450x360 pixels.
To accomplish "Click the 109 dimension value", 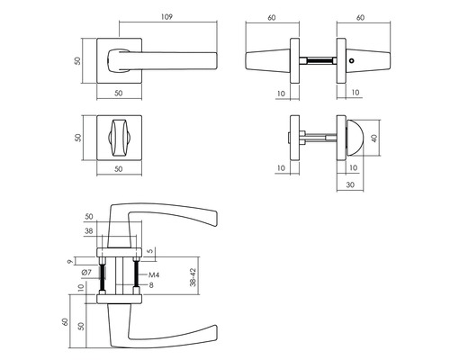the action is (166, 17).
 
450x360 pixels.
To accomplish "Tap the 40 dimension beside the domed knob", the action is (374, 138).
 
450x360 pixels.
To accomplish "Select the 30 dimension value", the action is (350, 184).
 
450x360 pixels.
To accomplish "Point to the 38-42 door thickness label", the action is (193, 277).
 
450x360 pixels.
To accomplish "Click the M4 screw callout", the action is (154, 274).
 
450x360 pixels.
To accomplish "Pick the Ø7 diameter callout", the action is (86, 273).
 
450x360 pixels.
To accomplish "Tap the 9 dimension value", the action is (70, 262).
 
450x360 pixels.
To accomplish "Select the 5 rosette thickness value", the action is (151, 250).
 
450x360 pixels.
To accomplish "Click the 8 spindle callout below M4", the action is (151, 285).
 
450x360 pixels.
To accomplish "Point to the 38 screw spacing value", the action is (89, 231).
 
